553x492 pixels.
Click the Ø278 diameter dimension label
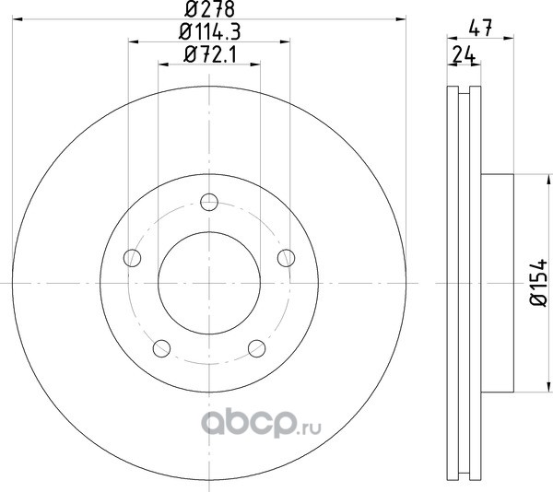209,9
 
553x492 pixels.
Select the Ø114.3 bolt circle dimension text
209,31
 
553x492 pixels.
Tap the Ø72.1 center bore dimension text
209,54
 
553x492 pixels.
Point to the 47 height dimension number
480,28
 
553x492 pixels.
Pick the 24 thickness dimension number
464,54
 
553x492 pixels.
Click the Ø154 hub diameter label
538,283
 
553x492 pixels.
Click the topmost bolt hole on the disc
209,202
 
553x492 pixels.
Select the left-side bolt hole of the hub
132,258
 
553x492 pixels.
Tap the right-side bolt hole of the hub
286,258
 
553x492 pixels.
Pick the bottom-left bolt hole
161,348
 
